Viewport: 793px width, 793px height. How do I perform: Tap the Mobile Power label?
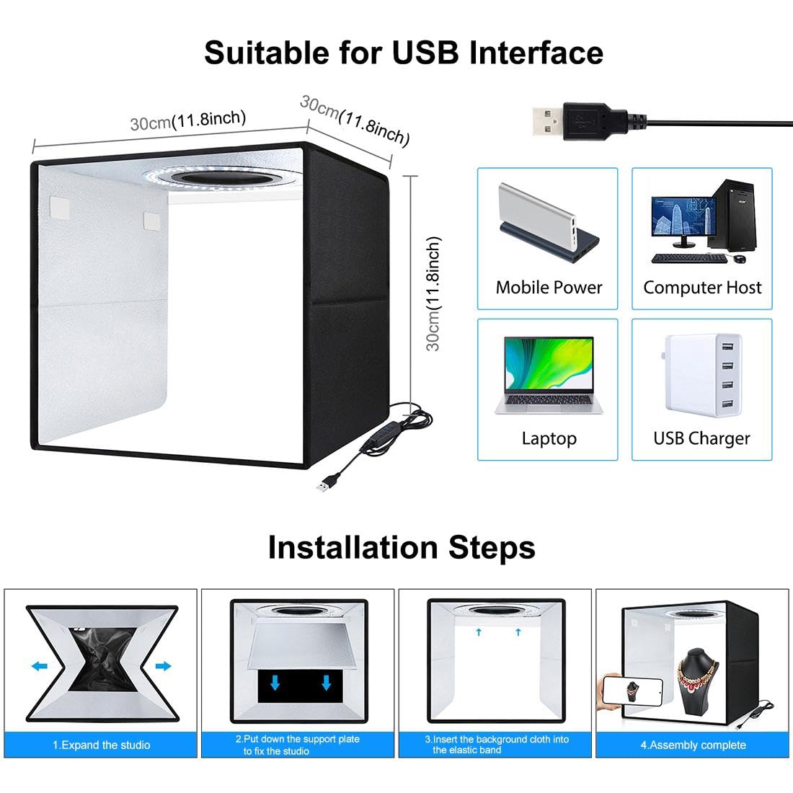point(549,288)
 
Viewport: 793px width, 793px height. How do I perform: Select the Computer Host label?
point(702,288)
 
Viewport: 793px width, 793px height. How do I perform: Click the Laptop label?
point(549,438)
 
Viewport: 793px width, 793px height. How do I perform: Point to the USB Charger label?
point(701,438)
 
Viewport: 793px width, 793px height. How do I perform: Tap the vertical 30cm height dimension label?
point(433,293)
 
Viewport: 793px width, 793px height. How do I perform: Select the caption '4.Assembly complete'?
point(693,745)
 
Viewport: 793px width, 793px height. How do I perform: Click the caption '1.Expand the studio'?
point(101,745)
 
